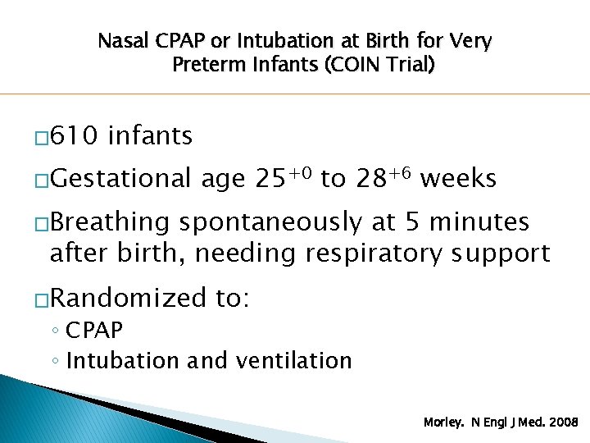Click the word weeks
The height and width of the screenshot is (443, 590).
click(x=461, y=178)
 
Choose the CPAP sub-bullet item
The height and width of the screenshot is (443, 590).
click(x=94, y=331)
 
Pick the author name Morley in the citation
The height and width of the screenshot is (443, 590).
click(x=442, y=422)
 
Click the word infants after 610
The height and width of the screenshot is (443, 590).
click(x=150, y=135)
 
